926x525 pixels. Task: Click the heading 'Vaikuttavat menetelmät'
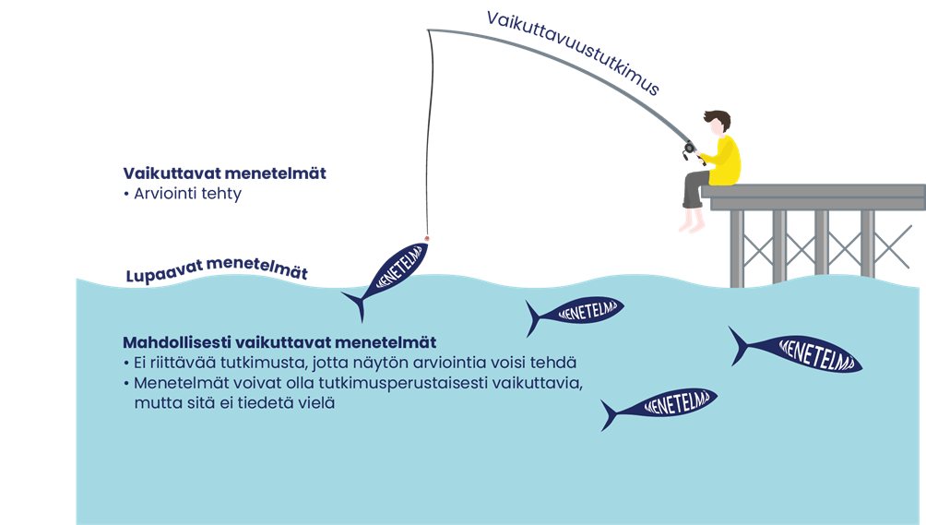pyautogui.click(x=224, y=173)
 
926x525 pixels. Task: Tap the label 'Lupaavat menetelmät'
pyautogui.click(x=216, y=270)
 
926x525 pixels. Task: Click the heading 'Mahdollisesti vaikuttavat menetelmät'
pyautogui.click(x=279, y=342)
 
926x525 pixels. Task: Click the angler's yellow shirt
pyautogui.click(x=724, y=159)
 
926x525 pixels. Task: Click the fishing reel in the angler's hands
pyautogui.click(x=689, y=148)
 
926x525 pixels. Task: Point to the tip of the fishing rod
pyautogui.click(x=429, y=30)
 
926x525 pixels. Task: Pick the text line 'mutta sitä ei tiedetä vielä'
pyautogui.click(x=231, y=402)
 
